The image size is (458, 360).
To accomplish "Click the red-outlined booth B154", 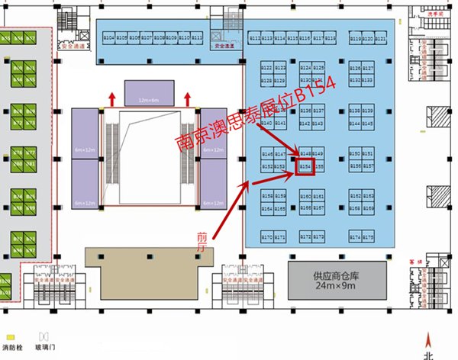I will point(305,166).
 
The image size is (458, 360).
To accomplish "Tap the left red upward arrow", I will point(112,98).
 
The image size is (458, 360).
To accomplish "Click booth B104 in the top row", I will point(108,38).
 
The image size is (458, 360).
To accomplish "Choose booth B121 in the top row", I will point(379,38).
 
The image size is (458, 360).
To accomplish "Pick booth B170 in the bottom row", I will point(267,237).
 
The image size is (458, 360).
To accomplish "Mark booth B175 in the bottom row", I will point(369,237).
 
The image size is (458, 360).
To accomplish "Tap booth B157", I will point(369,166).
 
